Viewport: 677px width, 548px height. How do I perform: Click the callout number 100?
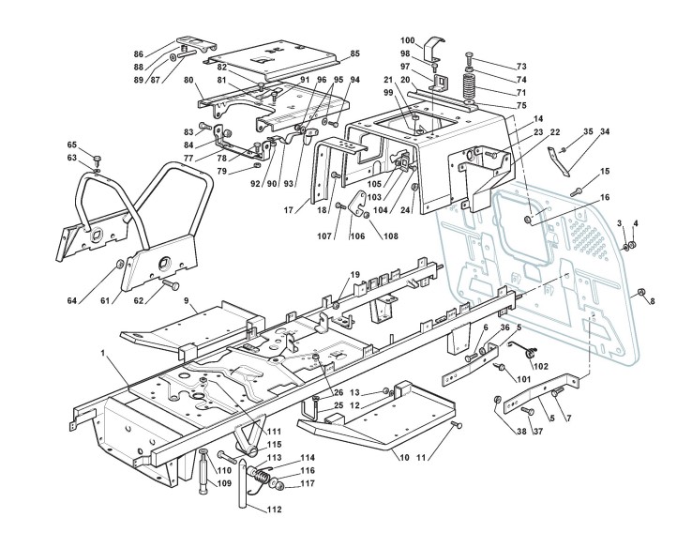pyautogui.click(x=408, y=40)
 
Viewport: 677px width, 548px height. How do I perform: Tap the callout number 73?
pyautogui.click(x=521, y=68)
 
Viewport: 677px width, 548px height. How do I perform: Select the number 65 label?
pyautogui.click(x=71, y=144)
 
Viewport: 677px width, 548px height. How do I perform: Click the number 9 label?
pyautogui.click(x=187, y=301)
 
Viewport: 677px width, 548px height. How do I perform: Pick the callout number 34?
pyautogui.click(x=606, y=133)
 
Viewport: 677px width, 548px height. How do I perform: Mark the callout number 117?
pyautogui.click(x=308, y=484)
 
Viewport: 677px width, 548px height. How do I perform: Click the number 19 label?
pyautogui.click(x=355, y=274)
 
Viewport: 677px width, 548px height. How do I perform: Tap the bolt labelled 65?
pyautogui.click(x=97, y=157)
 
